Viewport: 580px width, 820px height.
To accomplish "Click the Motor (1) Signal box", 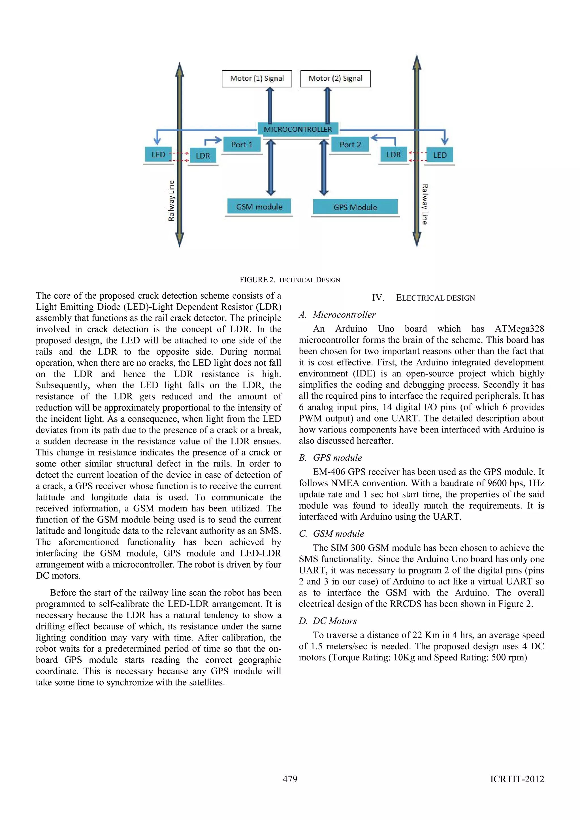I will tap(257, 79).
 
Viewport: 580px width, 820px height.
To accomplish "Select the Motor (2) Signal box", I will tap(335, 79).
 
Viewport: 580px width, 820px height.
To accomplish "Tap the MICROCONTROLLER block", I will tap(298, 129).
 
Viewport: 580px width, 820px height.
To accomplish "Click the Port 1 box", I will tap(242, 145).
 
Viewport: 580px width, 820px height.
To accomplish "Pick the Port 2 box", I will tap(350, 145).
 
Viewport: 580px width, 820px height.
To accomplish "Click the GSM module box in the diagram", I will tap(259, 206).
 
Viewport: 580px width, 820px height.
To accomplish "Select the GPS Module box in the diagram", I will tap(355, 207).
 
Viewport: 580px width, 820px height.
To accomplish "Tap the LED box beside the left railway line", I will tap(158, 155).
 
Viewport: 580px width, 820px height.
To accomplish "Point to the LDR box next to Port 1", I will tap(202, 156).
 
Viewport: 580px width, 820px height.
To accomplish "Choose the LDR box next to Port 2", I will tap(393, 155).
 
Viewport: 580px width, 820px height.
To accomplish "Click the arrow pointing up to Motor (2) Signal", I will tap(327, 106).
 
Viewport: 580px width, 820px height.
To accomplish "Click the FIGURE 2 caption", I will tap(290, 280).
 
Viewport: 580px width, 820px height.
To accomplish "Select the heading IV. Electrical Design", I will tap(423, 298).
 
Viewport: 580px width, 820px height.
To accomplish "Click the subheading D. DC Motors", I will tap(328, 621).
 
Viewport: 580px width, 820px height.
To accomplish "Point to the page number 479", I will tap(290, 779).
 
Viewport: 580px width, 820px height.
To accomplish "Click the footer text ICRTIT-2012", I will tap(517, 779).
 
